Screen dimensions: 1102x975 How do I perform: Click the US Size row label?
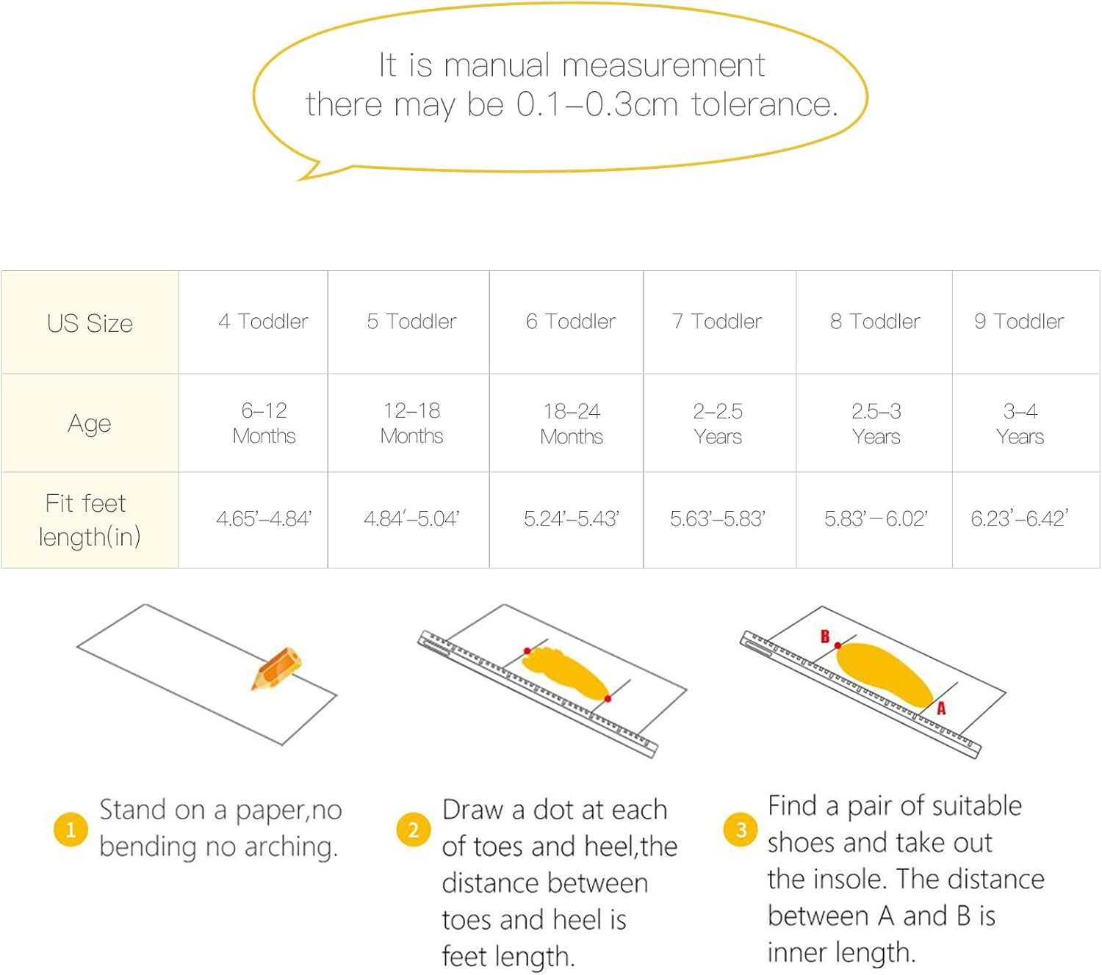[90, 323]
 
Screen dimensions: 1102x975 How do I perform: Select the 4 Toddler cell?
[263, 321]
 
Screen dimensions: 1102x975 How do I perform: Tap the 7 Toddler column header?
[717, 321]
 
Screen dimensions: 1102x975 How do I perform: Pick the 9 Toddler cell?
[1019, 321]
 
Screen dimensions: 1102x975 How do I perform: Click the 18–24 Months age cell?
[572, 424]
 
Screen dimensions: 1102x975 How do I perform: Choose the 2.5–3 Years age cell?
[876, 424]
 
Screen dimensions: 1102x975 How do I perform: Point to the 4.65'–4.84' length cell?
[264, 518]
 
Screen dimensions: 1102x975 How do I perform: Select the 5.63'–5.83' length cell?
[718, 518]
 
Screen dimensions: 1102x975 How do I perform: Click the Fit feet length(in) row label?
[89, 520]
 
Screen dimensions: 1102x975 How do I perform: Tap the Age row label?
[89, 424]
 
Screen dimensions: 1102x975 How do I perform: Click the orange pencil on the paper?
[276, 668]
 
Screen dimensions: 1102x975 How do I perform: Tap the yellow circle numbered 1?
[71, 830]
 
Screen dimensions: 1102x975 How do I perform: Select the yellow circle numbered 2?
[414, 830]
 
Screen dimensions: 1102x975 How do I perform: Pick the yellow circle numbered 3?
[741, 830]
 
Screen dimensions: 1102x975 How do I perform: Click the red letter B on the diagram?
[824, 637]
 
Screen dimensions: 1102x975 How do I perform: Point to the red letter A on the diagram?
[941, 708]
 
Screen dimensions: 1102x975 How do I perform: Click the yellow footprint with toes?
[566, 673]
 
